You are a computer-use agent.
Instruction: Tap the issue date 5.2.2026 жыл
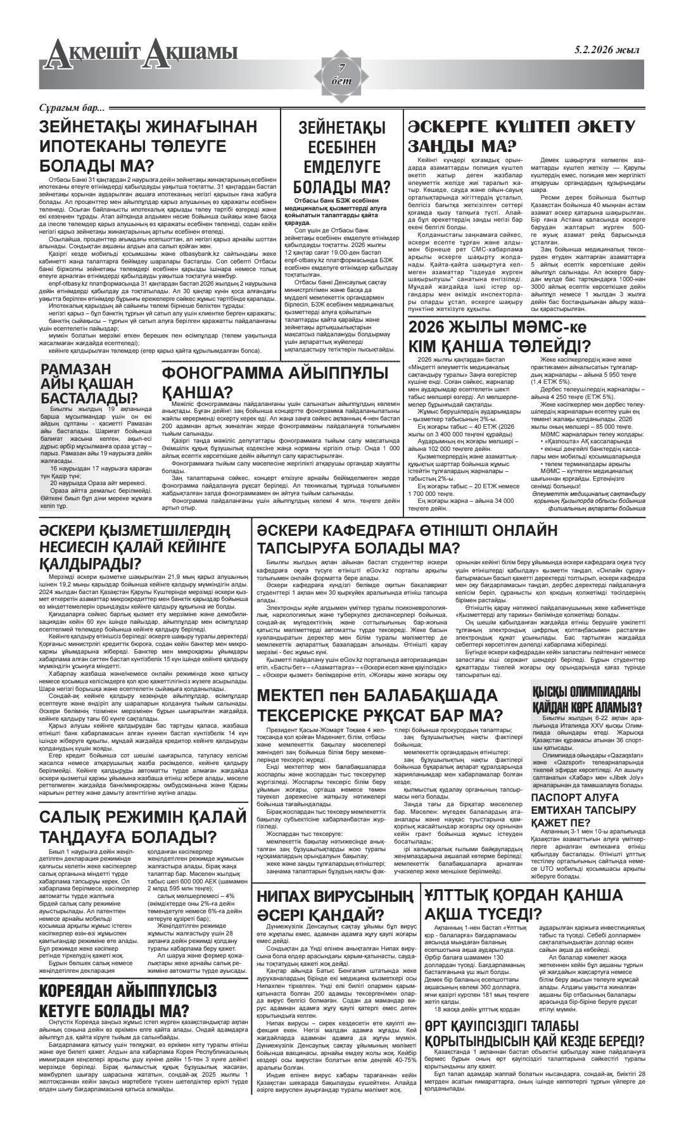pos(607,51)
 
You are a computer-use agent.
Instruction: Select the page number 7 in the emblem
pos(342,68)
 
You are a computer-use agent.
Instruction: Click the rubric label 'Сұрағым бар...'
pos(71,108)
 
